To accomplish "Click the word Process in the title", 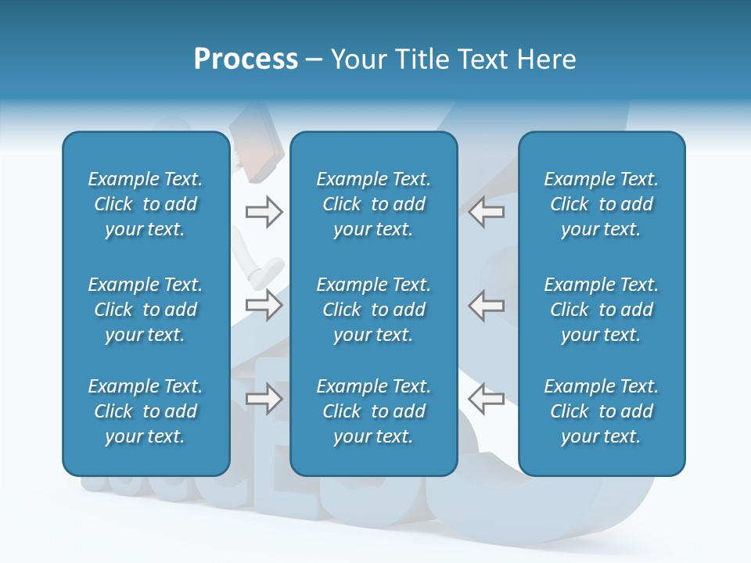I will pos(246,59).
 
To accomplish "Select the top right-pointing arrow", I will pos(264,212).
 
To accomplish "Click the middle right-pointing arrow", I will pos(264,305).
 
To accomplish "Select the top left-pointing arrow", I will pos(486,212).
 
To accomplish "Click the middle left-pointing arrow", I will pos(486,305).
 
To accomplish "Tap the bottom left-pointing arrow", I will pos(486,398).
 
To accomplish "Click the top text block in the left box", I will pos(146,204).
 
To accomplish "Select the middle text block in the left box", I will pos(146,310).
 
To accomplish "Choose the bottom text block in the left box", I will pos(146,411).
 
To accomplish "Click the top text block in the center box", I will pos(373,204).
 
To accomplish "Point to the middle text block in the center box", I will pos(373,310).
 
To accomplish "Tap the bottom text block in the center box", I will pos(373,411).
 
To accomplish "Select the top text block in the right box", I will pos(601,204).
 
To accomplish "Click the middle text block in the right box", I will pos(601,310).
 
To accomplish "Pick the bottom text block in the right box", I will pos(601,411).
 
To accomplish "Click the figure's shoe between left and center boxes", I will pos(264,271).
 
